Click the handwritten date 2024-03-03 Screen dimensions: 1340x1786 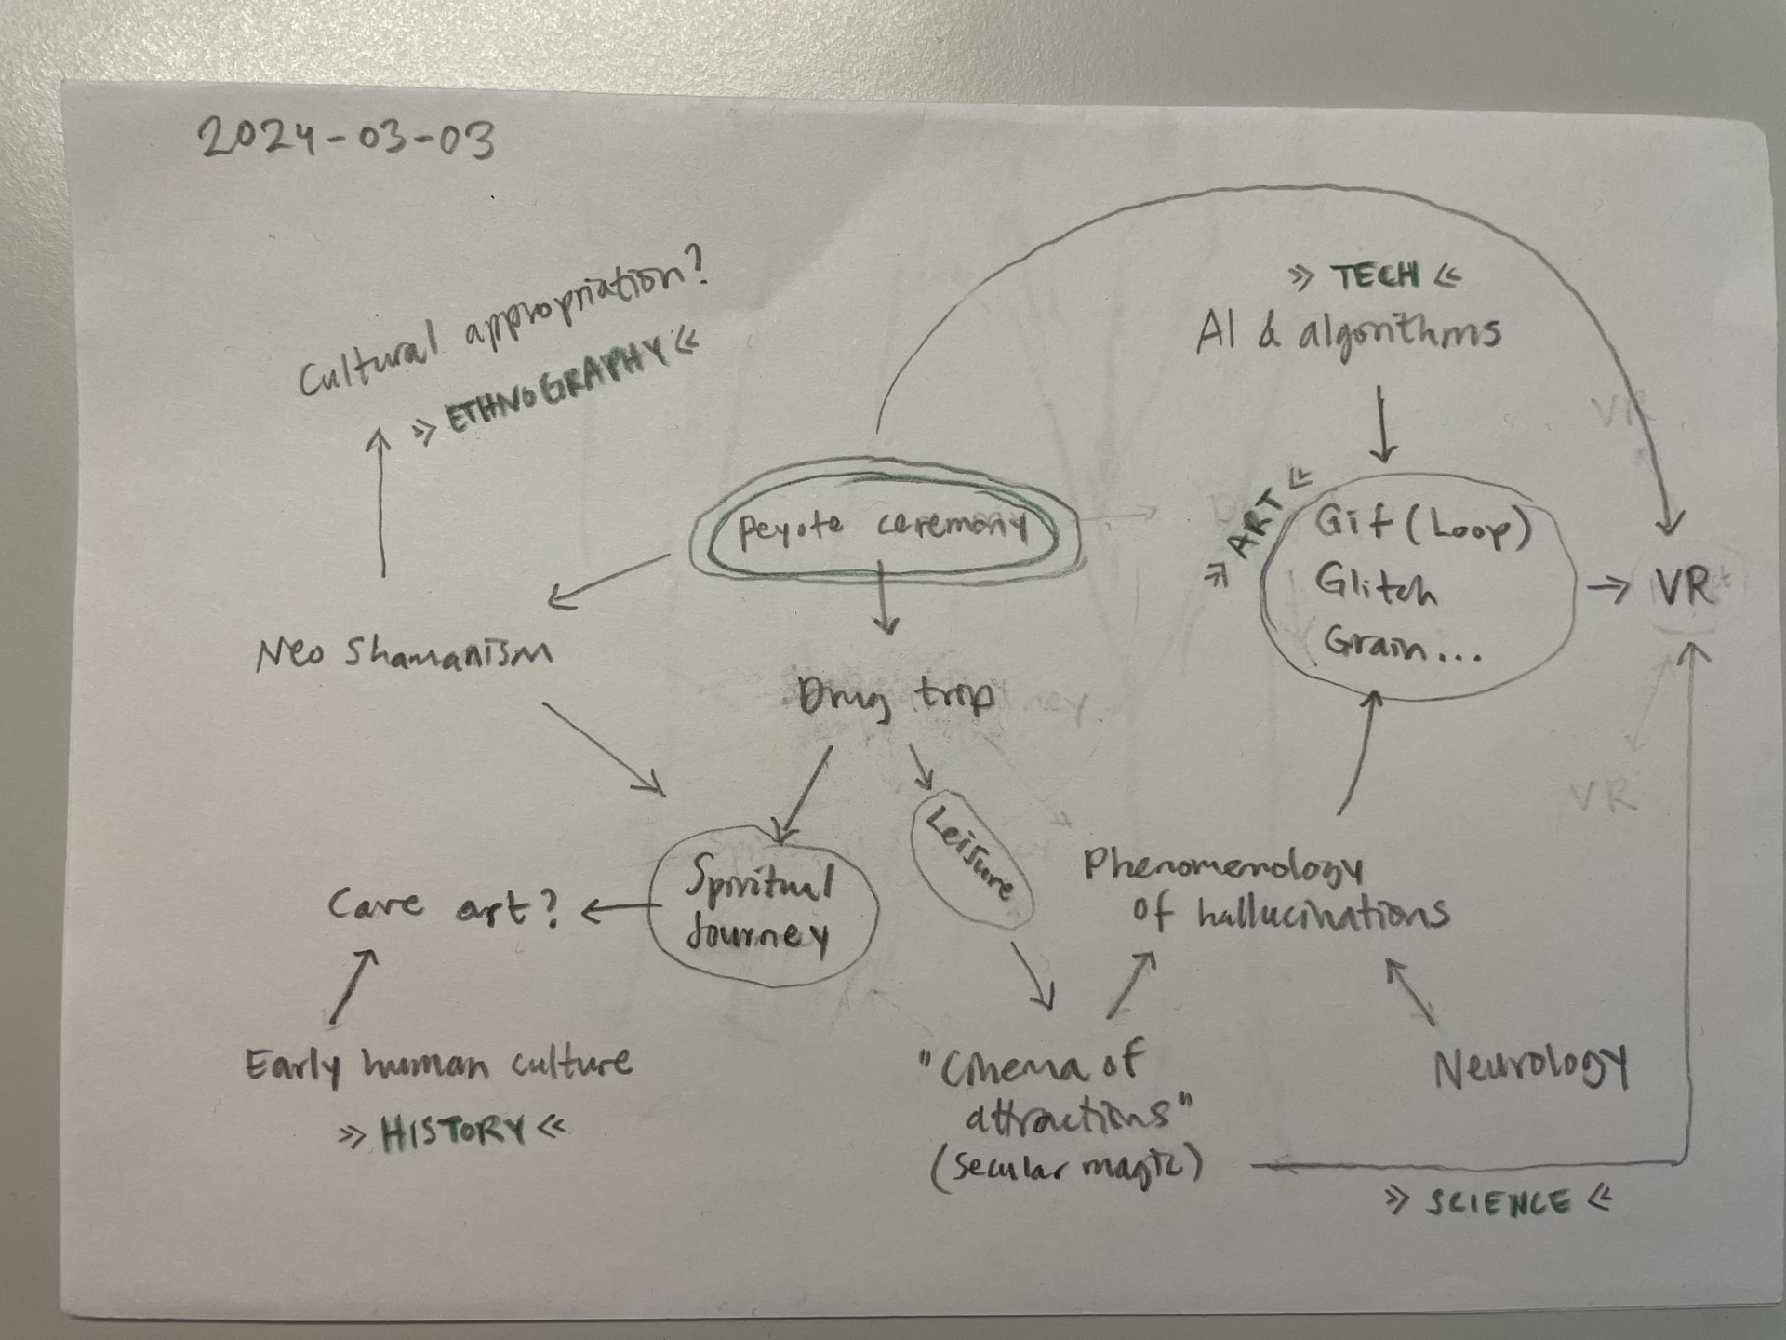346,140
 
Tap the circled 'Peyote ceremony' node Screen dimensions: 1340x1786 882,530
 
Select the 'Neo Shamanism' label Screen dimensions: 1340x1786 403,652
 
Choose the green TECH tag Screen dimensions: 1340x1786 1376,275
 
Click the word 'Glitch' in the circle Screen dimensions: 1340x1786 1375,585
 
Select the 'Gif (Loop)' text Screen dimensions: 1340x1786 1421,528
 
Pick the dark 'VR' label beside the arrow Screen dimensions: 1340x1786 1684,586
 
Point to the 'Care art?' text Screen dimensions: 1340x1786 444,907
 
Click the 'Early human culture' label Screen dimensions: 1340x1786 438,1064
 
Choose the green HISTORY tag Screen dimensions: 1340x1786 453,1132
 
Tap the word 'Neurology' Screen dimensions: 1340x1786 1530,1067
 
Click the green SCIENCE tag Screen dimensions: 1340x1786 1498,1202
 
